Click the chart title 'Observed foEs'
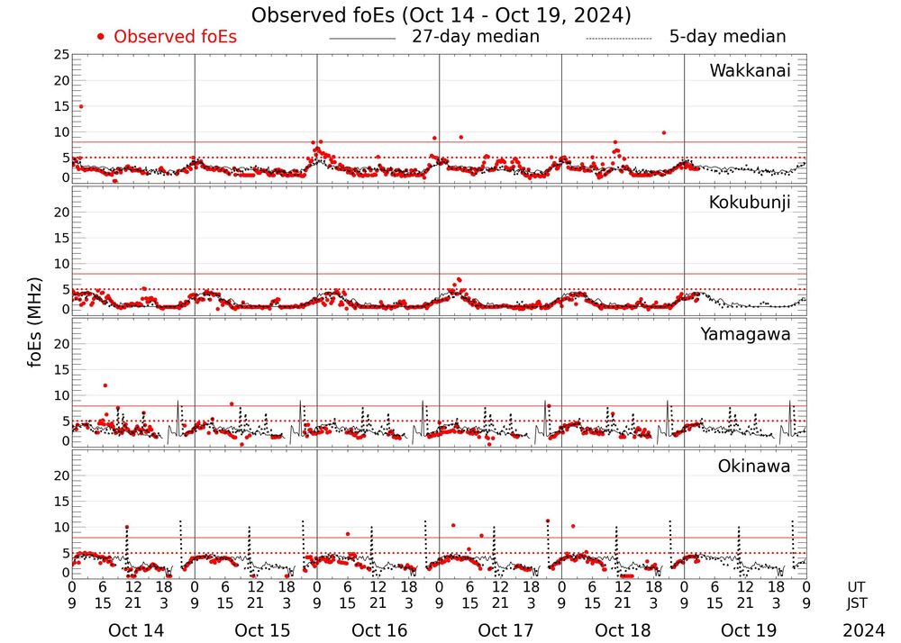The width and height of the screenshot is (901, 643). point(441,15)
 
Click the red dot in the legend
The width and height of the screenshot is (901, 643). point(101,37)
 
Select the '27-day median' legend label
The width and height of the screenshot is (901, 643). point(476,37)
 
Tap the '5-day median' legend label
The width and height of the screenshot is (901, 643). point(727,37)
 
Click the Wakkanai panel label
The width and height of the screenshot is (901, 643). point(750,71)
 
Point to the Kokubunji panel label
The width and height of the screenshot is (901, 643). point(750,203)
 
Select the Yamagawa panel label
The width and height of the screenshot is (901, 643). point(746,334)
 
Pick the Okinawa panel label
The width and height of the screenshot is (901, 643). point(754,466)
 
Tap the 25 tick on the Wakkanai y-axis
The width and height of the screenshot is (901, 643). point(61,55)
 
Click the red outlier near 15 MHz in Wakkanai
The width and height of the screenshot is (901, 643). point(81,106)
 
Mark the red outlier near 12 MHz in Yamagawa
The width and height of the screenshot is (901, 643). point(105,385)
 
